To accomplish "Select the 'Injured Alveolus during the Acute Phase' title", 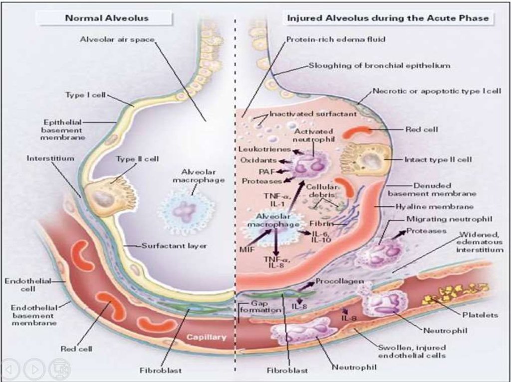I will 388,18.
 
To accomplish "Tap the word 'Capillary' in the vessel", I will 206,337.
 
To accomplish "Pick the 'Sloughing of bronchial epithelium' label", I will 379,65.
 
